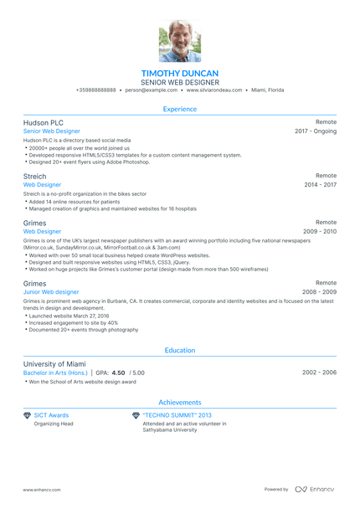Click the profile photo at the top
[179, 41]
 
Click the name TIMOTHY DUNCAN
[180, 73]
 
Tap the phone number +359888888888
[95, 90]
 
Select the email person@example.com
[151, 90]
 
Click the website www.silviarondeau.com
[214, 90]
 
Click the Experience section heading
[180, 109]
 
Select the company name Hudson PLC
[44, 122]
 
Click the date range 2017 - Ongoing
[316, 131]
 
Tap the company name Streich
[35, 176]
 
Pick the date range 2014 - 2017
[320, 185]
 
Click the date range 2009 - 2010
[320, 231]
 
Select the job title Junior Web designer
[51, 292]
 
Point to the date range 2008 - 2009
[320, 292]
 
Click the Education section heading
[180, 351]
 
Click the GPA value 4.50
[118, 373]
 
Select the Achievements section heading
[180, 402]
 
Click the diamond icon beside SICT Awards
[27, 415]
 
